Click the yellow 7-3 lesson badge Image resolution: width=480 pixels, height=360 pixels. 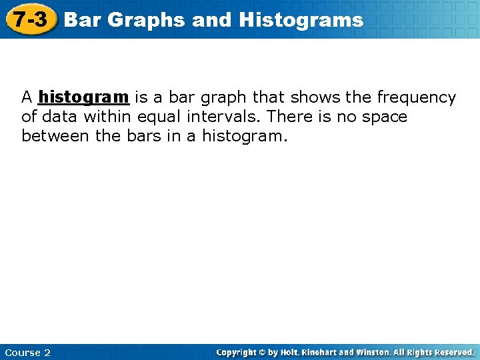31,19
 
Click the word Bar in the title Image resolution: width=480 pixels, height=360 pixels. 83,20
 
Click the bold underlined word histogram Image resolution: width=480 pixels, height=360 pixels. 83,97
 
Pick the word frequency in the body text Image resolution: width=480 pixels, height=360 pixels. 416,97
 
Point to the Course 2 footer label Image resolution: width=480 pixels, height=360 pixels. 27,353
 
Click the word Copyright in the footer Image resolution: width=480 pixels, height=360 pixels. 237,352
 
